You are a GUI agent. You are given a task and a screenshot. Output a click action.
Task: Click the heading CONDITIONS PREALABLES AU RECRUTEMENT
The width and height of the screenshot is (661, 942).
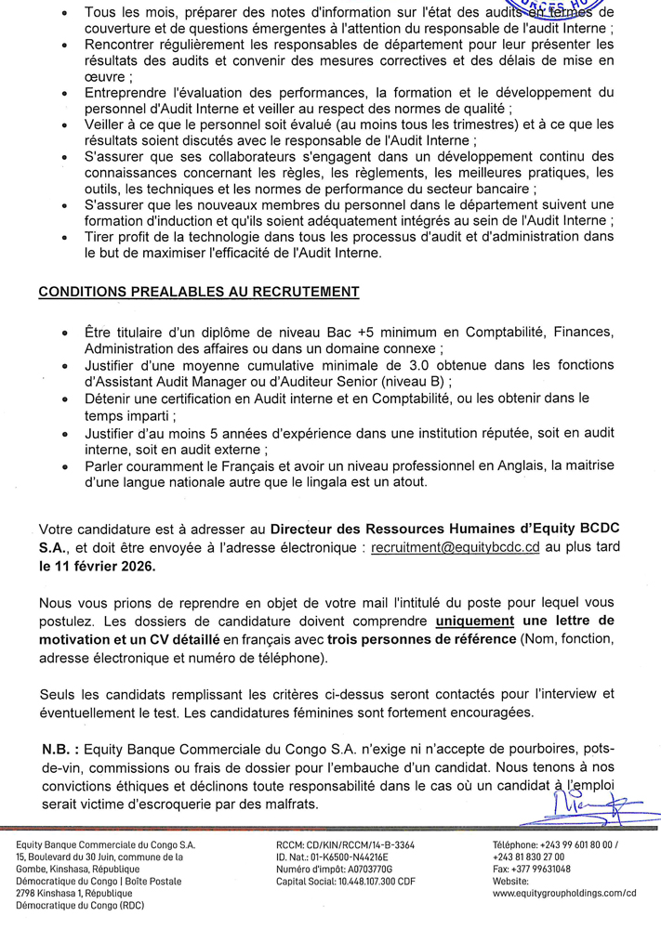tap(198, 292)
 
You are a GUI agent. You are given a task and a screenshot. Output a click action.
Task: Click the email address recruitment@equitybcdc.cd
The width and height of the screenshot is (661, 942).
tap(455, 549)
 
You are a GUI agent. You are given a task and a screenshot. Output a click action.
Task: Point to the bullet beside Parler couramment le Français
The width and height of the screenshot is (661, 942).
tap(63, 467)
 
